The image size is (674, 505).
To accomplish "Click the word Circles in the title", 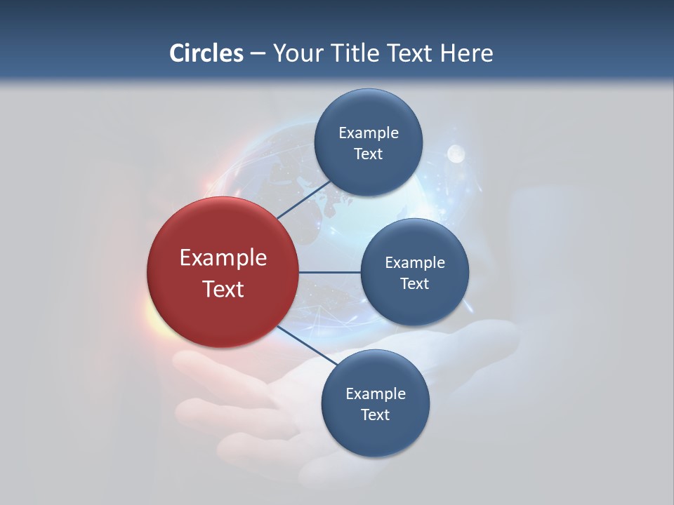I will tap(206, 53).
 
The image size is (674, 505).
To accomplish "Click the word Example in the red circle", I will tap(223, 258).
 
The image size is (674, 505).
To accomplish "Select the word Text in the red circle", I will tap(223, 289).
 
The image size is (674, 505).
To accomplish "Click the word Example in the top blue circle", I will tap(368, 133).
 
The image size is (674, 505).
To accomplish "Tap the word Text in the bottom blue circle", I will tap(375, 415).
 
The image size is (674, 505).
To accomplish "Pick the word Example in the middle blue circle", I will tap(414, 263).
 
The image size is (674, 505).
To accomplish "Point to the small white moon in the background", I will tap(456, 152).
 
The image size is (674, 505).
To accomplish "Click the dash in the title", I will tap(257, 54).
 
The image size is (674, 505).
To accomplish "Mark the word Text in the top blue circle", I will tap(368, 154).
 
